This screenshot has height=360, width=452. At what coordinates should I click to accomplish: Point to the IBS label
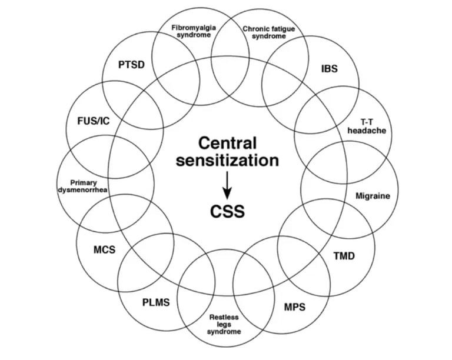(330, 68)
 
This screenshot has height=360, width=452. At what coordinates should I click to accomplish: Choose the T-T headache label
(374, 125)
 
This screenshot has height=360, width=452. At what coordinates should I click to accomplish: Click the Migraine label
(373, 195)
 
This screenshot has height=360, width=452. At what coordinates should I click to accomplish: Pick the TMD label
(344, 256)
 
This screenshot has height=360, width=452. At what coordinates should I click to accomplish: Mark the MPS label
(295, 307)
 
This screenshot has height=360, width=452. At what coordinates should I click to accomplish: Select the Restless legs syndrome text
(224, 324)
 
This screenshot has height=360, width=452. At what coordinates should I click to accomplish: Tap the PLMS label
(155, 303)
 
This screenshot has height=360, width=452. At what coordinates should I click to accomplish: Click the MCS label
(104, 249)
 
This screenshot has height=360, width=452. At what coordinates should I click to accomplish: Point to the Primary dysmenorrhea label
(84, 186)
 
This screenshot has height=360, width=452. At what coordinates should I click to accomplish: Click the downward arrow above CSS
(227, 188)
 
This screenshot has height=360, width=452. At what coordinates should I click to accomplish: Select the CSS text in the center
(227, 211)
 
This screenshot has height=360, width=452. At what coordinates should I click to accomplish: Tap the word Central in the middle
(227, 142)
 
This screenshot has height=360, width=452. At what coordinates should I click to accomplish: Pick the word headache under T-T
(374, 131)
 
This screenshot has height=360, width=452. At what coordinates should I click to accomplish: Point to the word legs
(224, 324)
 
